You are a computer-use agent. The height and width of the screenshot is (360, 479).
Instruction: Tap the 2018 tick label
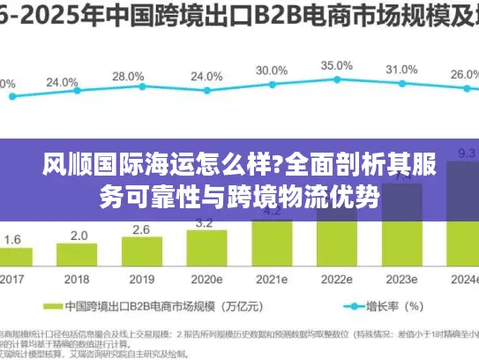[79, 278]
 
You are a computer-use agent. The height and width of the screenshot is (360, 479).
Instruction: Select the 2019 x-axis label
[141, 278]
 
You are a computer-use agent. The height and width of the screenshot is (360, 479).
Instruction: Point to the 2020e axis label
[207, 278]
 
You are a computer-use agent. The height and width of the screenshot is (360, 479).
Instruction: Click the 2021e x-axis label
[272, 278]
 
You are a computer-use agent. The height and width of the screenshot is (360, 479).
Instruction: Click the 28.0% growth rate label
[128, 77]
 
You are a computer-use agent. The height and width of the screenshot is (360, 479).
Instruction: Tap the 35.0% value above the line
[336, 65]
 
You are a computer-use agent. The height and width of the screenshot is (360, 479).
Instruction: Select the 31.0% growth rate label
[401, 70]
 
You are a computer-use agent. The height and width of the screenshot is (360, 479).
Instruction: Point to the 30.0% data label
[272, 71]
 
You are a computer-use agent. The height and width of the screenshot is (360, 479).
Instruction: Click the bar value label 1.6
[13, 239]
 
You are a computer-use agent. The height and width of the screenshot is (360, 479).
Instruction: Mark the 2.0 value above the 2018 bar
[79, 236]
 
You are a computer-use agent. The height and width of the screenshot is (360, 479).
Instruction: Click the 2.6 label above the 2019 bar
[141, 230]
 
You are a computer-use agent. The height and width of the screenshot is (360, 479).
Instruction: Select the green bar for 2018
[79, 255]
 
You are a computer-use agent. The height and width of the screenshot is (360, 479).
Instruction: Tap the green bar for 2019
[141, 252]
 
